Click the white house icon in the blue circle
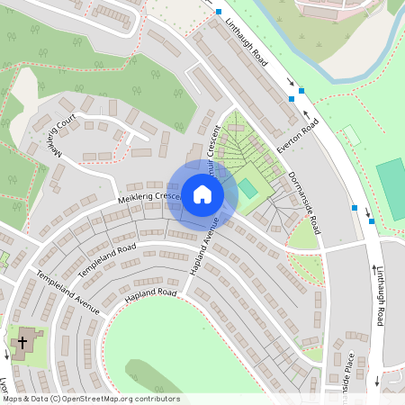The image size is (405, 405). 202,193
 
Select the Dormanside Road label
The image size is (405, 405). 300,196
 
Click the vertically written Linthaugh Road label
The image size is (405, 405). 380,292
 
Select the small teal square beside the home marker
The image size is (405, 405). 247,189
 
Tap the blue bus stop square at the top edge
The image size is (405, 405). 218,12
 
